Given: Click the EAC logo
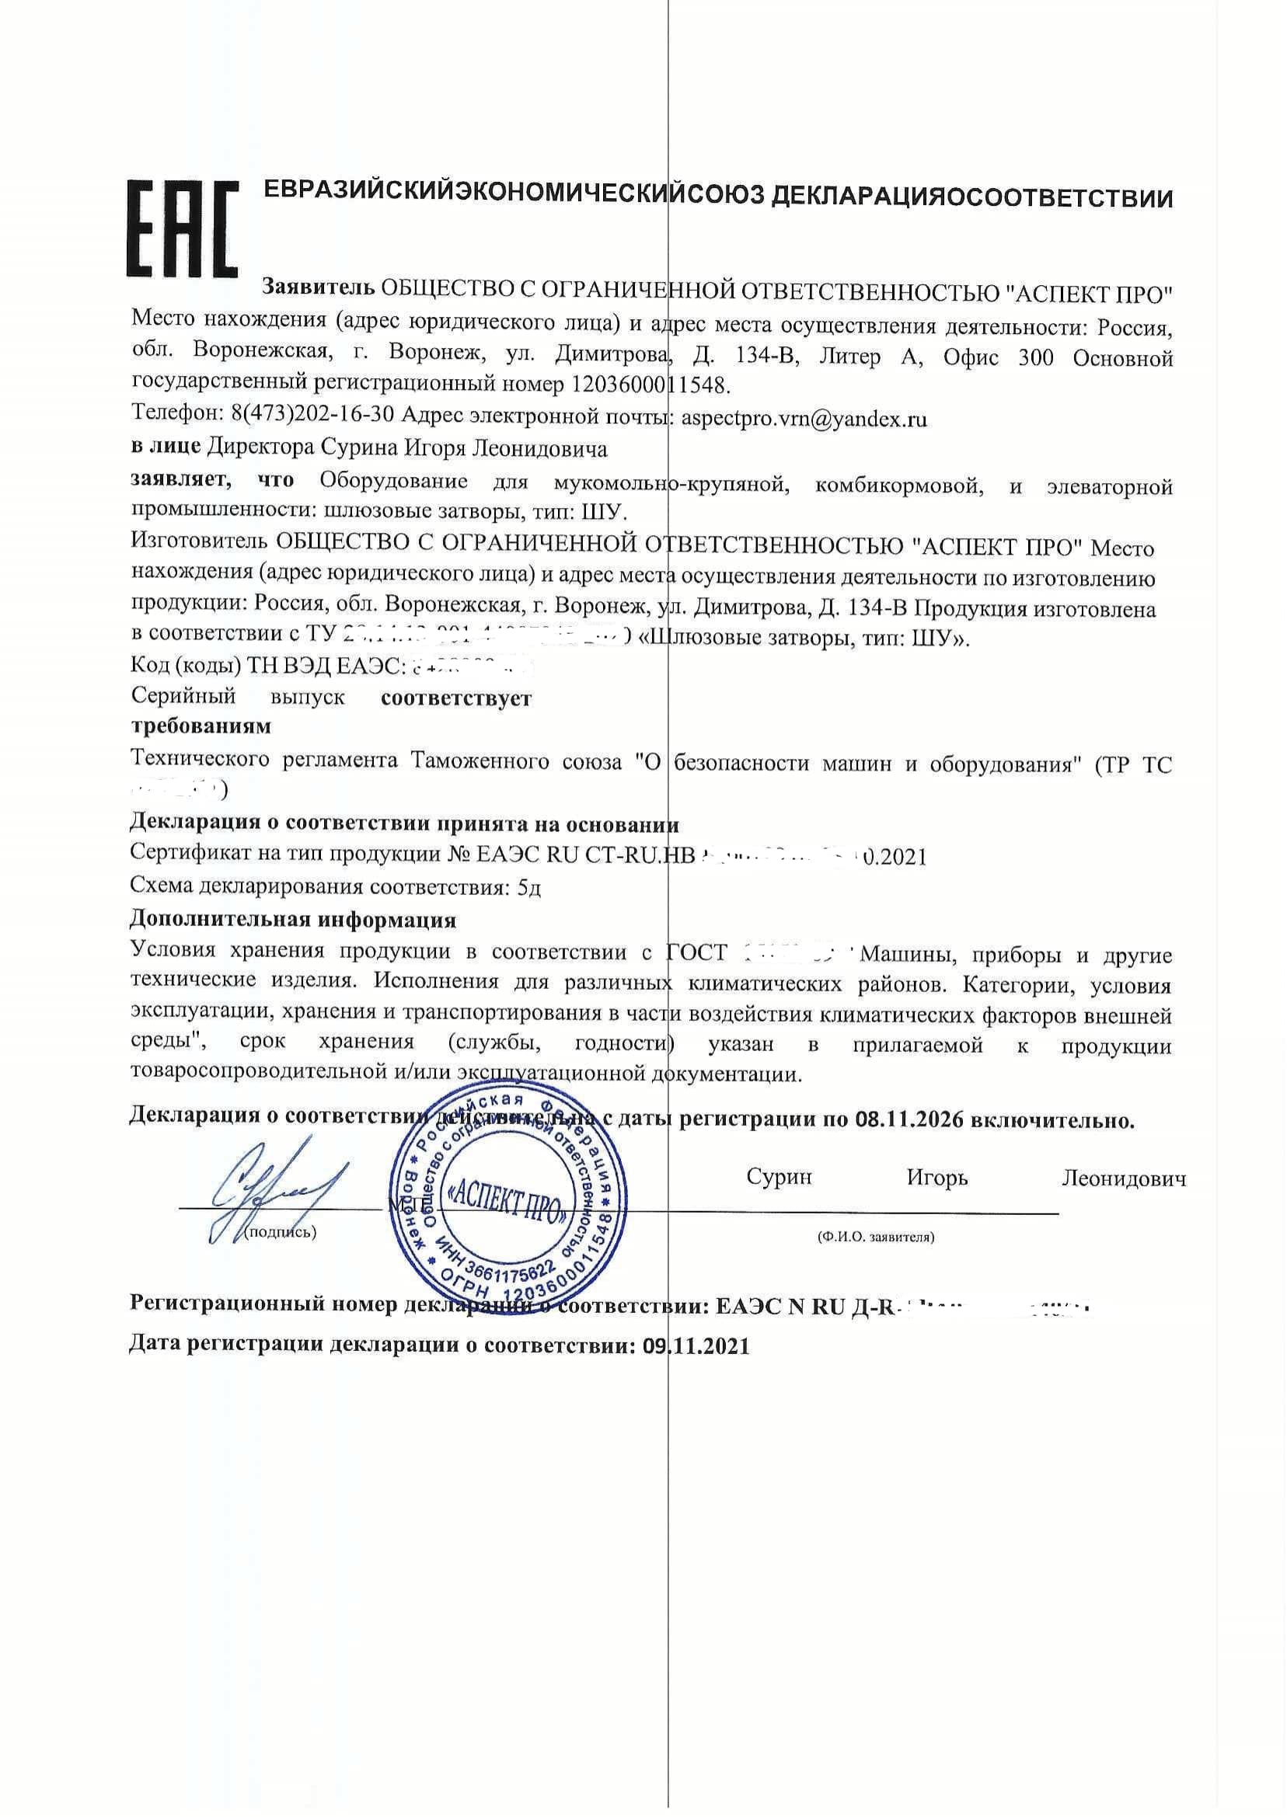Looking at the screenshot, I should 183,228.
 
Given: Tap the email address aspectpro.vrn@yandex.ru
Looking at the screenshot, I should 804,419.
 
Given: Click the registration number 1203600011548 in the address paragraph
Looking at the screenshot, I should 647,386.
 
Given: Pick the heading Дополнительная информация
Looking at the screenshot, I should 292,921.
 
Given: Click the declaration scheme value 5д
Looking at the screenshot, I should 528,887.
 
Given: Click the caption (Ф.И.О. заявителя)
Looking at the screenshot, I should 876,1237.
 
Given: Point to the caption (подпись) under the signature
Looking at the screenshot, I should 281,1233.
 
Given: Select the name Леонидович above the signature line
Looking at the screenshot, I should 1124,1178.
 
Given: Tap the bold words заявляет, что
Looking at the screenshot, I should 211,480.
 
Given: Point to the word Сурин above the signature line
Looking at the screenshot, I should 779,1177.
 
